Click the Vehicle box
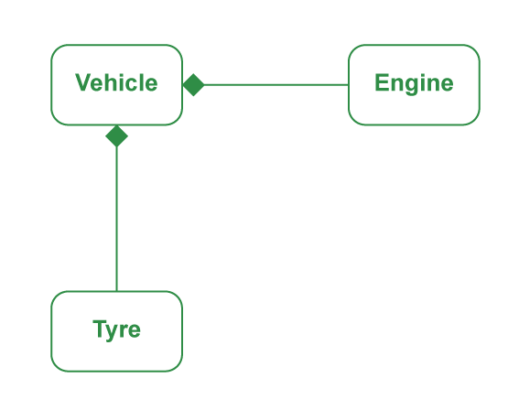click(x=116, y=85)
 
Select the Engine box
click(x=414, y=85)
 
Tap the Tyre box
click(x=116, y=331)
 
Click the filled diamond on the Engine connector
click(x=194, y=85)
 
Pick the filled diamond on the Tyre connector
click(x=116, y=136)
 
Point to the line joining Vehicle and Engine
click(x=276, y=85)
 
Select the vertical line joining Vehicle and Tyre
click(x=116, y=219)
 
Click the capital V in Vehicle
click(x=83, y=82)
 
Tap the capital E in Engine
click(x=382, y=82)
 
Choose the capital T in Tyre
click(x=100, y=329)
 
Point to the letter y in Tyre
click(x=113, y=331)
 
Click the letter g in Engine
click(x=413, y=85)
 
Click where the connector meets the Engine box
click(x=348, y=85)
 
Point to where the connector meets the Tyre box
click(x=116, y=291)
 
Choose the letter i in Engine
click(x=423, y=82)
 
